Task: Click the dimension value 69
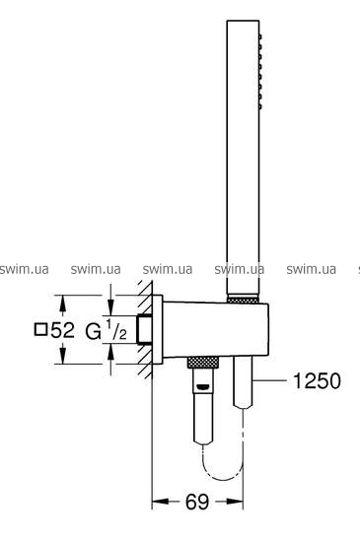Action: [x=197, y=503]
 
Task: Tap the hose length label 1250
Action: [x=317, y=381]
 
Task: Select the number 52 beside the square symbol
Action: [x=62, y=329]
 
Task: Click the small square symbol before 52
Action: [x=40, y=329]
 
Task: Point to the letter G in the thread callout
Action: [x=93, y=332]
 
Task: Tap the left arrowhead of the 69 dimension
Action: [x=161, y=502]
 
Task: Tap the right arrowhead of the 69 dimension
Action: [x=235, y=502]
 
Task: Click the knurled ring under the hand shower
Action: [x=242, y=300]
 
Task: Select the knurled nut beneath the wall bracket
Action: [x=203, y=363]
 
